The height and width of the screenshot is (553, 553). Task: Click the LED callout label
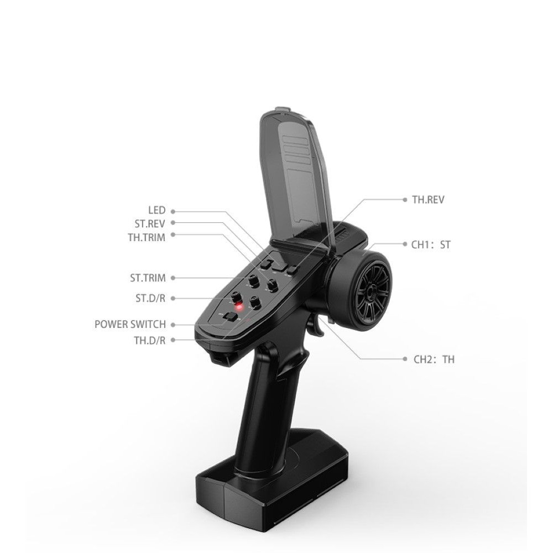tap(157, 211)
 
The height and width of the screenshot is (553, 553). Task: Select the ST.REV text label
tap(150, 223)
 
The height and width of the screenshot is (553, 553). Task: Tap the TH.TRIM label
tap(147, 238)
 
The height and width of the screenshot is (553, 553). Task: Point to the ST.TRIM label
tap(148, 278)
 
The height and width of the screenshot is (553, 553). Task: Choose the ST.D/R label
tap(150, 299)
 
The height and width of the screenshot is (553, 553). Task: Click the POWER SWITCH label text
tap(130, 325)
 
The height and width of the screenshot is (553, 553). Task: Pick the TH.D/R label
tap(149, 340)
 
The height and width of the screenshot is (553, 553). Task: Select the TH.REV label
tap(429, 200)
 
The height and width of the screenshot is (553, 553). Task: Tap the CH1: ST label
tap(431, 245)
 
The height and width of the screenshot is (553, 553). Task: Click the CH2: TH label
tap(434, 359)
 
